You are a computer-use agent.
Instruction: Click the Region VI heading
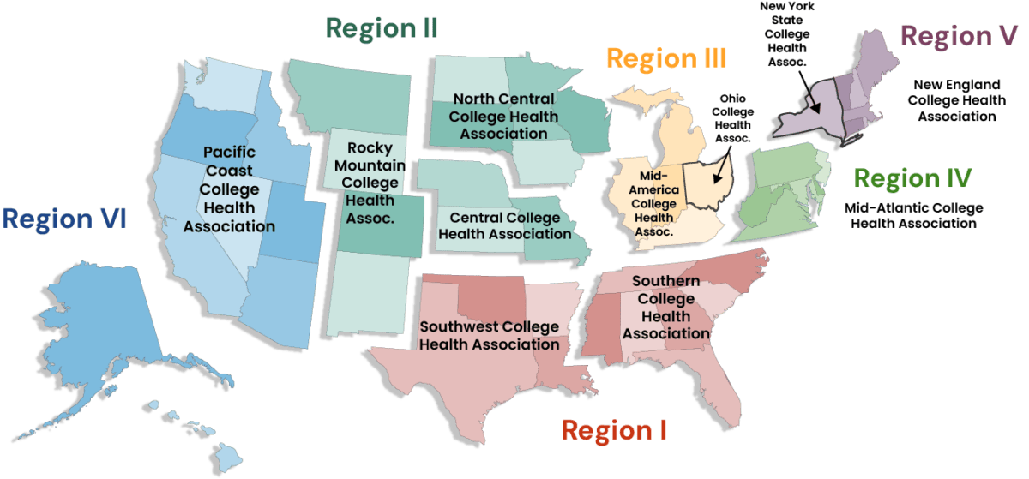click(65, 219)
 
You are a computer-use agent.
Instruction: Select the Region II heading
click(382, 27)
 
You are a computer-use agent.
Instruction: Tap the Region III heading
click(667, 58)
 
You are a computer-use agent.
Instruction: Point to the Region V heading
click(960, 36)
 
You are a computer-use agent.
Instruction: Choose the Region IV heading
click(912, 178)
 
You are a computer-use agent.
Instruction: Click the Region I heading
click(614, 429)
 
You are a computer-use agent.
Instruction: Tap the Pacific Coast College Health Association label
click(229, 189)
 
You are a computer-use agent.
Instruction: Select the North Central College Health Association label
click(504, 116)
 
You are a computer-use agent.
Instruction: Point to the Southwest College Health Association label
click(489, 335)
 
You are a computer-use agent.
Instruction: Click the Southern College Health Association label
click(666, 307)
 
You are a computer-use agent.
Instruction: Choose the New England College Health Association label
click(956, 100)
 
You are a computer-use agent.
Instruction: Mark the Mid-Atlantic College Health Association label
click(913, 215)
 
